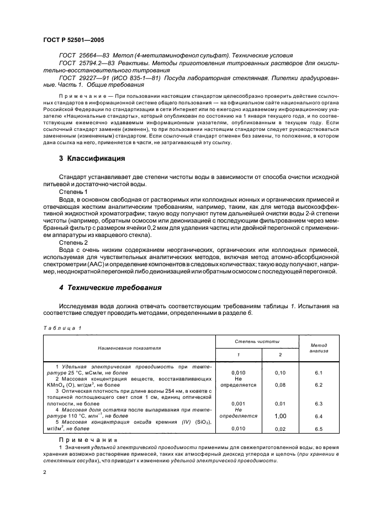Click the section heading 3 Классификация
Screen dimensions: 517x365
(92, 158)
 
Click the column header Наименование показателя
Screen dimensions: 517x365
(129, 349)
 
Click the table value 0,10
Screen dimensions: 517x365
(280, 373)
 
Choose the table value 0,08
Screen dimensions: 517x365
(280, 386)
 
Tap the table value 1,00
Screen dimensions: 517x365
(280, 416)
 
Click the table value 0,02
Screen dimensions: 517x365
(280, 428)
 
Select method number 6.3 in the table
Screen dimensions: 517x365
(319, 404)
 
